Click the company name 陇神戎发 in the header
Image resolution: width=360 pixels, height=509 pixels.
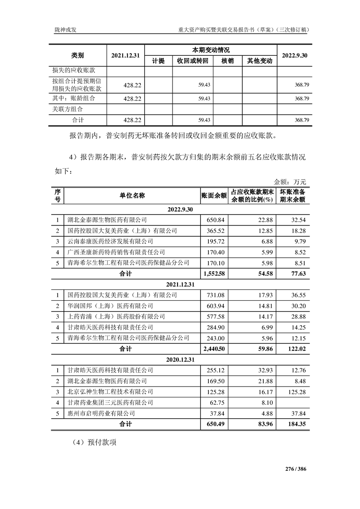tap(65, 30)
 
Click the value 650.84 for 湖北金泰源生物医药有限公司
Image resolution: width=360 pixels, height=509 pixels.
tap(216, 220)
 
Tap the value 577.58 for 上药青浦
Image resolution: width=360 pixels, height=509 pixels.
tap(216, 316)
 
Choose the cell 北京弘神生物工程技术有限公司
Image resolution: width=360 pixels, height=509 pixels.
tap(110, 391)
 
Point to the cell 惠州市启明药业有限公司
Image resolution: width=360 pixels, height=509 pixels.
tap(101, 413)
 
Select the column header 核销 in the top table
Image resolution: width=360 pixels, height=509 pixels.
tap(227, 61)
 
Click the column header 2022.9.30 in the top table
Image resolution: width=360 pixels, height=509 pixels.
tap(295, 55)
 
